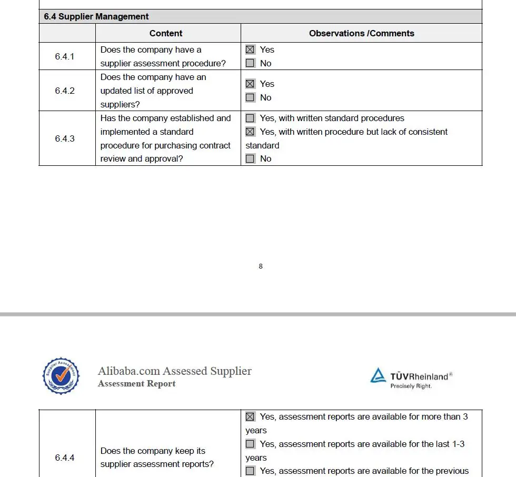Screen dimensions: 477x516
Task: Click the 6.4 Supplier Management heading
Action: coord(96,17)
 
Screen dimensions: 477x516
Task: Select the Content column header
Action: coord(166,33)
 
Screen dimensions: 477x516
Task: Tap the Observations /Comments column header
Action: coord(361,33)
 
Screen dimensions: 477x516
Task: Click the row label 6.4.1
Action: coord(65,56)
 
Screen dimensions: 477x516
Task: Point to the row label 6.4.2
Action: coord(65,91)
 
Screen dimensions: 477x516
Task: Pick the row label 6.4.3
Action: coord(65,138)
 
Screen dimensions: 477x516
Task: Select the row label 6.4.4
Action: coord(65,458)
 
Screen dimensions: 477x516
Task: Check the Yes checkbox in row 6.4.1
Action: coord(250,49)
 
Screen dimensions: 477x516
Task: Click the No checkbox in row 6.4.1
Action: coord(250,63)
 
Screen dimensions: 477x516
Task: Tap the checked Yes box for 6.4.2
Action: coord(250,84)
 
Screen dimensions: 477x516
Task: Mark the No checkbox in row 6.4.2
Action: coord(250,97)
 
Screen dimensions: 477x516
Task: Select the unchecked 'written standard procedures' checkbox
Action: coord(250,118)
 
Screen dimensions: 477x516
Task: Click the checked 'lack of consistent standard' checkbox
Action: coord(250,132)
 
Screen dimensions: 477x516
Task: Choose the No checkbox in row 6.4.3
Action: coord(250,158)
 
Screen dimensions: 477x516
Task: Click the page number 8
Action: coord(261,266)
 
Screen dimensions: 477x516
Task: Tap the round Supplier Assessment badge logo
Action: coord(62,376)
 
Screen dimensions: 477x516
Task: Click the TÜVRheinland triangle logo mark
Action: coord(378,375)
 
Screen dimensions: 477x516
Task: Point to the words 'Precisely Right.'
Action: coord(411,386)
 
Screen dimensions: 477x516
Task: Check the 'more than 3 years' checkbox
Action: coord(250,416)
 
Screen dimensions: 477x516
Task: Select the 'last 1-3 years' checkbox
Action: coord(250,444)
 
